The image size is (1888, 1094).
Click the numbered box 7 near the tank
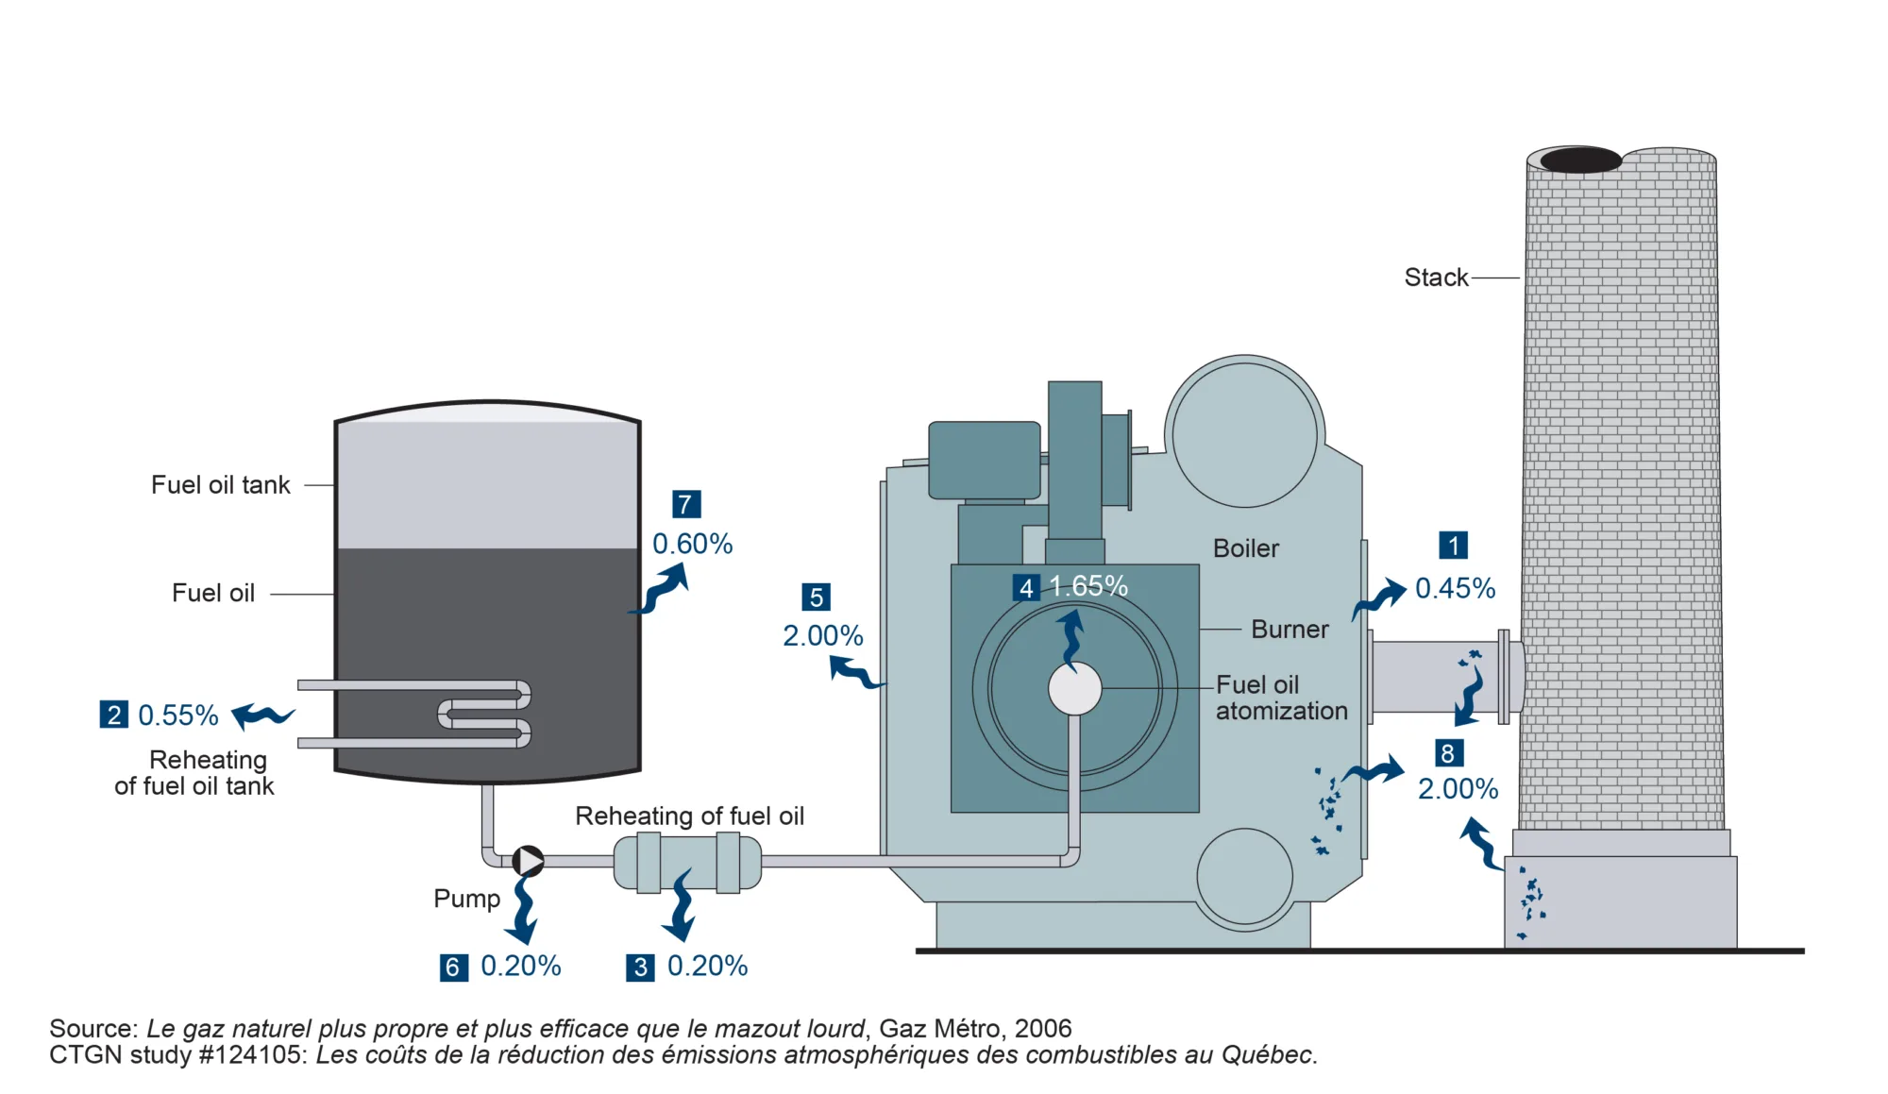pyautogui.click(x=686, y=504)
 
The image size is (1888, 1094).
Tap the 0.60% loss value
pyautogui.click(x=693, y=544)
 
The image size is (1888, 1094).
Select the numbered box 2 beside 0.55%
pyautogui.click(x=114, y=715)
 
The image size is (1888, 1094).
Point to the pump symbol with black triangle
pyautogui.click(x=529, y=861)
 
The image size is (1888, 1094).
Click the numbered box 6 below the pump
pyautogui.click(x=454, y=968)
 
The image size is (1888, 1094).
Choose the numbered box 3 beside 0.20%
pyautogui.click(x=641, y=968)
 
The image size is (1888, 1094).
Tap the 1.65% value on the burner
pyautogui.click(x=1088, y=586)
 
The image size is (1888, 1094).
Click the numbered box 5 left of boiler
pyautogui.click(x=817, y=597)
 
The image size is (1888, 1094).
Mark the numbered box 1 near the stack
pyautogui.click(x=1454, y=546)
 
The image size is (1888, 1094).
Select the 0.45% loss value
pyautogui.click(x=1456, y=588)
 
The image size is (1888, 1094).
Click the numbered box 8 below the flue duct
pyautogui.click(x=1449, y=753)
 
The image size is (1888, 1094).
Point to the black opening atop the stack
pyautogui.click(x=1581, y=160)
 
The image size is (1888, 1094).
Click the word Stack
pyautogui.click(x=1437, y=278)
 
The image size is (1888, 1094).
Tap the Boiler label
pyautogui.click(x=1246, y=548)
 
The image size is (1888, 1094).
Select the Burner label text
pyautogui.click(x=1290, y=630)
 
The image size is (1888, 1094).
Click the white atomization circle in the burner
pyautogui.click(x=1075, y=688)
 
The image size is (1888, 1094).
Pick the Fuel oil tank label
pyautogui.click(x=221, y=485)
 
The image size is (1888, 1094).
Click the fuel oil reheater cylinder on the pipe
pyautogui.click(x=687, y=862)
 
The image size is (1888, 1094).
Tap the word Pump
pyautogui.click(x=466, y=899)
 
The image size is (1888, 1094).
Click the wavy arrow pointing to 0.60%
pyautogui.click(x=660, y=590)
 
